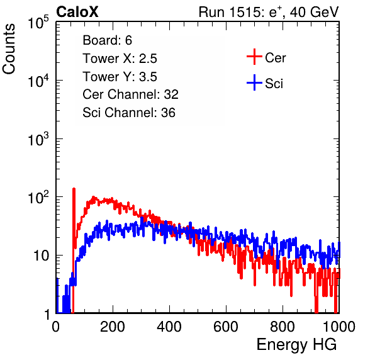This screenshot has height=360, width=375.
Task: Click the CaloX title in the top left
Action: click(77, 12)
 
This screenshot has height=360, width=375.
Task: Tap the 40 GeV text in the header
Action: click(315, 12)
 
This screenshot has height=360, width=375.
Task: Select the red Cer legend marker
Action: click(254, 57)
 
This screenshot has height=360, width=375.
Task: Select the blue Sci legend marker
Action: click(254, 82)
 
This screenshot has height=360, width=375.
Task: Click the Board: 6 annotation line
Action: click(108, 40)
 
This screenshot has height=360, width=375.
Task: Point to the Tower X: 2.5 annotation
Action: click(120, 59)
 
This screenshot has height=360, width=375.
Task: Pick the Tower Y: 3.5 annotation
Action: click(120, 77)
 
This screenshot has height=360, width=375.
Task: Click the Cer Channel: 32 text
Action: click(131, 94)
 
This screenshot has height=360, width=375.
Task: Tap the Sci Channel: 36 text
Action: click(129, 113)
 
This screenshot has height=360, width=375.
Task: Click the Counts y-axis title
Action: click(9, 49)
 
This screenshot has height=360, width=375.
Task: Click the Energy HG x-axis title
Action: click(296, 344)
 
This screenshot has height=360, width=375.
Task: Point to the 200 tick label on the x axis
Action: click(113, 327)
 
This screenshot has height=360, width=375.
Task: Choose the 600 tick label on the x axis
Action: click(226, 327)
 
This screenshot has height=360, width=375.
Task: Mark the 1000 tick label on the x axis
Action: click(339, 327)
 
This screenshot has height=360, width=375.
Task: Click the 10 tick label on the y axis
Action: click(41, 256)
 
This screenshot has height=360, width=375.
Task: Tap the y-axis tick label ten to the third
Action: click(38, 139)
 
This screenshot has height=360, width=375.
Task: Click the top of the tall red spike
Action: click(74, 189)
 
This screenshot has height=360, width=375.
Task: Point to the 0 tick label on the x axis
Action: click(55, 327)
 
